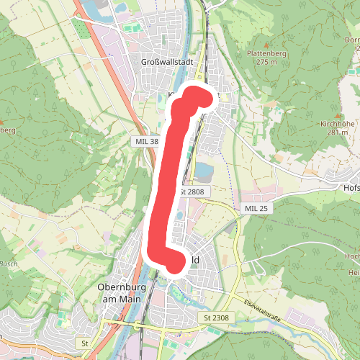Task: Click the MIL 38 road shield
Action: [x=145, y=142]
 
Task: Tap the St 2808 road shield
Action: [x=192, y=192]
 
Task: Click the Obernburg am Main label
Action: [x=121, y=293]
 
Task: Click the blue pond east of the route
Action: [x=204, y=172]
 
